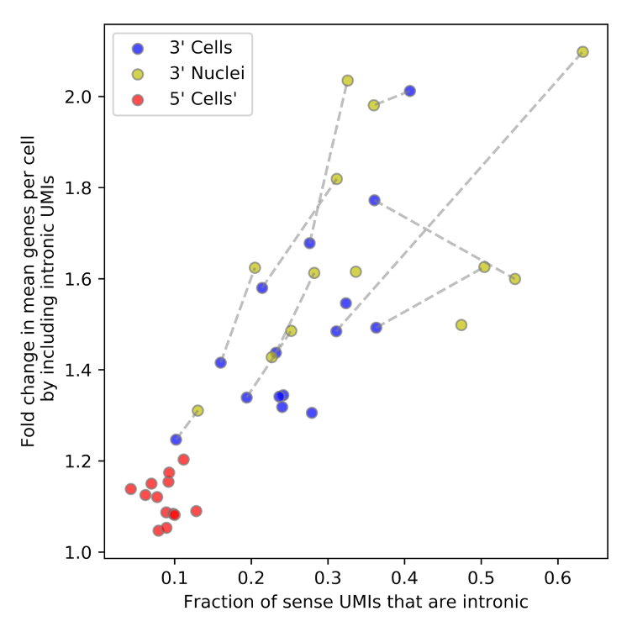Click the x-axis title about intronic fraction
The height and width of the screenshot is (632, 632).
coord(355,603)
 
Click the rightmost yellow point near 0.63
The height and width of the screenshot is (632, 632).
coord(582,52)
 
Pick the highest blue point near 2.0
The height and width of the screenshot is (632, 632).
coord(409,91)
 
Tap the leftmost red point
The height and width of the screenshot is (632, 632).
coord(130,489)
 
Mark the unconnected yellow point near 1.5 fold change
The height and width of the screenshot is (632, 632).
coord(461,325)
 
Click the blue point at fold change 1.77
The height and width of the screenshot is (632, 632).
coord(375,200)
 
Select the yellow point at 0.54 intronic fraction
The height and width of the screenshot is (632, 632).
coord(515,279)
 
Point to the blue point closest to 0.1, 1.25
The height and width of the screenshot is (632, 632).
coord(176,440)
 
